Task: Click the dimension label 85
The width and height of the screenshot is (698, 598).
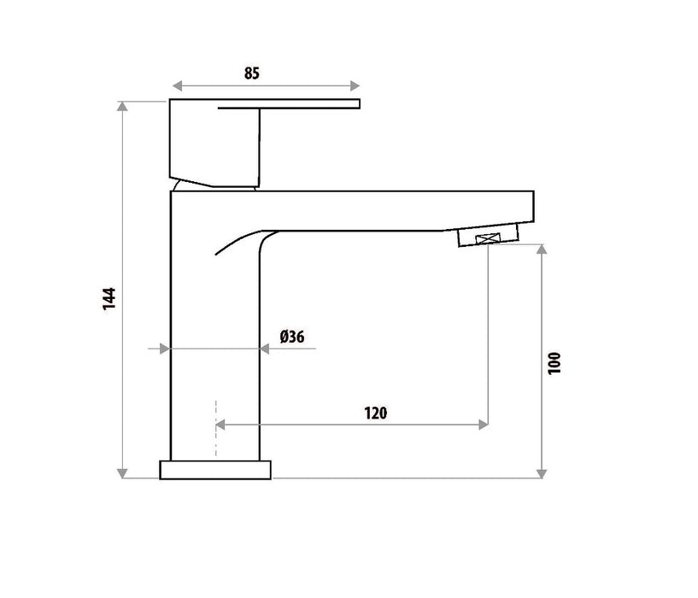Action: [251, 73]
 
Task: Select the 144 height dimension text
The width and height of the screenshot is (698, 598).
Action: [109, 299]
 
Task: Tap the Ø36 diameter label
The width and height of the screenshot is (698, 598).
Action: [292, 337]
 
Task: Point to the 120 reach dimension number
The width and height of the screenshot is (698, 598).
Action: [376, 413]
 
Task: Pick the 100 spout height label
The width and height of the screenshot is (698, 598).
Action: [554, 363]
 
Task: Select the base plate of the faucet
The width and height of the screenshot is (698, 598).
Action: [215, 469]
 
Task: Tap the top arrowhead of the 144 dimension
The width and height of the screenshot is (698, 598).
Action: [123, 106]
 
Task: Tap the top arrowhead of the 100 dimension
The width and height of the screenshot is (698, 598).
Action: [540, 249]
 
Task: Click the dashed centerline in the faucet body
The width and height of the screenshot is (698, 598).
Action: [216, 427]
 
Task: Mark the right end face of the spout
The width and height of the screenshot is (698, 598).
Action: [534, 209]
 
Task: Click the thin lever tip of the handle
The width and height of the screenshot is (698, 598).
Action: [342, 104]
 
